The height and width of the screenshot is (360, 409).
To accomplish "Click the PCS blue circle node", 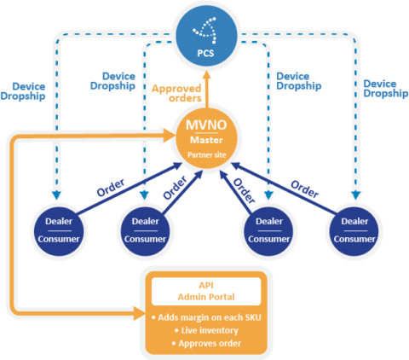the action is tap(206, 36).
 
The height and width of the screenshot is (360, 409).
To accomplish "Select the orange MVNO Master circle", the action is tap(206, 138).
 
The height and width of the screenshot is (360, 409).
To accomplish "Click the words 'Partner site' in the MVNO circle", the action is tap(207, 155).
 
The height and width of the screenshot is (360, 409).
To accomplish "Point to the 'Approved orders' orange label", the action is tap(176, 93).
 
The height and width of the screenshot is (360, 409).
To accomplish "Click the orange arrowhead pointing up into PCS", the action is tap(207, 75).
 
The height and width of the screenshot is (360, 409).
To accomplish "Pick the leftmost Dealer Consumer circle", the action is tap(59, 231).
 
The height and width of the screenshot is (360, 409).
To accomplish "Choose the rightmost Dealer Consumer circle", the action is tap(354, 231).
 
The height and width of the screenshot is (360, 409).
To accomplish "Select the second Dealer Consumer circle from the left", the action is tap(146, 231).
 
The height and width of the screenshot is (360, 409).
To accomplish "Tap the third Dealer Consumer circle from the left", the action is tap(269, 231).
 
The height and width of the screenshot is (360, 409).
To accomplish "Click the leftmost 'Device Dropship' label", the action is tap(23, 91).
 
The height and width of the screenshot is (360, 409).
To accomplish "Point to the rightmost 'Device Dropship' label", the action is tap(386, 89).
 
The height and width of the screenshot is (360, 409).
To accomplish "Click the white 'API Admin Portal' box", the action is tap(206, 292).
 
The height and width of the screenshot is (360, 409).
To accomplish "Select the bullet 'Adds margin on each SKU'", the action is tap(206, 317).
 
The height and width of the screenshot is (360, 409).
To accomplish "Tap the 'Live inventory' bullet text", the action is tap(206, 330).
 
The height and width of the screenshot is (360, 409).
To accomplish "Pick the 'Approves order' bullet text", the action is tap(206, 344).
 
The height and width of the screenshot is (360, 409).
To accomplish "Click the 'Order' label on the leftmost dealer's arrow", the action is tap(111, 188).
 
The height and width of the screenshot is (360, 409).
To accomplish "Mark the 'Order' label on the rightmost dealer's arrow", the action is tap(305, 189).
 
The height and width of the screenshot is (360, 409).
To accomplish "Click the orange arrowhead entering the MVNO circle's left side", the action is tap(170, 136).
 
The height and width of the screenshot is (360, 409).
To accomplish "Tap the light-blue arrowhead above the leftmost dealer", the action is tap(57, 195).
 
